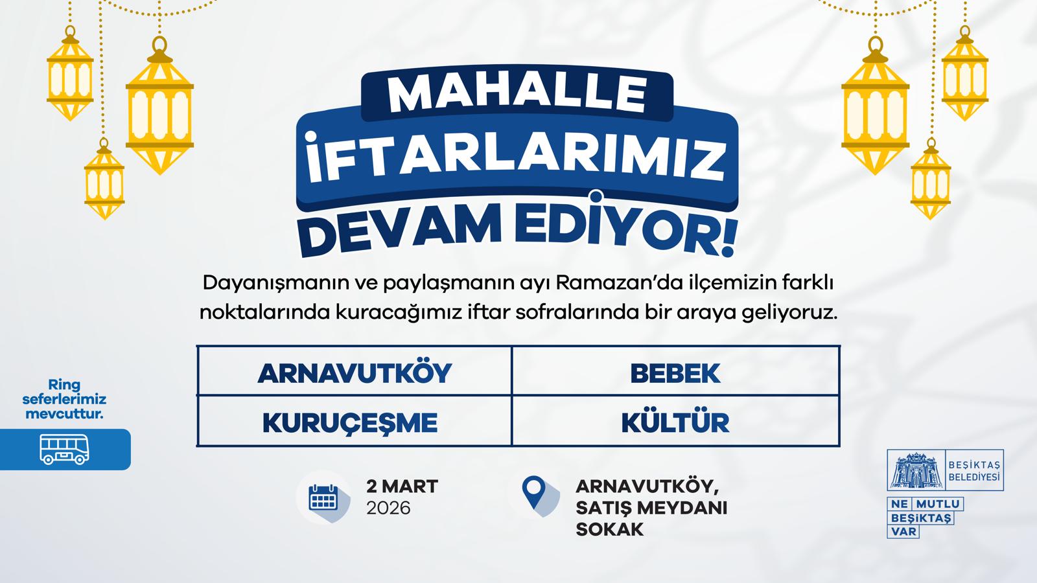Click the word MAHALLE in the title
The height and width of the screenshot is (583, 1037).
(x=517, y=94)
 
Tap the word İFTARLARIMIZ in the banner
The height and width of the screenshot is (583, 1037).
(x=517, y=158)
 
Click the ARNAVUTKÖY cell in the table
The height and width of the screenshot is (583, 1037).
(x=355, y=373)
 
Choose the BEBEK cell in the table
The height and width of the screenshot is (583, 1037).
(x=675, y=373)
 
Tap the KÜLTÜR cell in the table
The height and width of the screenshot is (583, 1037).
(x=675, y=422)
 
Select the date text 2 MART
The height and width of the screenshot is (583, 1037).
(x=402, y=486)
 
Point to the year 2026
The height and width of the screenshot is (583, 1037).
(x=388, y=508)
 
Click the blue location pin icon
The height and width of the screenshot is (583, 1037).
(x=533, y=492)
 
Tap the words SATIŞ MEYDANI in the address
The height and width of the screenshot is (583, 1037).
(x=651, y=508)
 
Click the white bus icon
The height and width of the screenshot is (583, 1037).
(x=64, y=449)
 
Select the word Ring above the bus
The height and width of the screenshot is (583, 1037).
(x=64, y=385)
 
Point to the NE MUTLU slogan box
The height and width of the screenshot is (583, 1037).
(x=926, y=503)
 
